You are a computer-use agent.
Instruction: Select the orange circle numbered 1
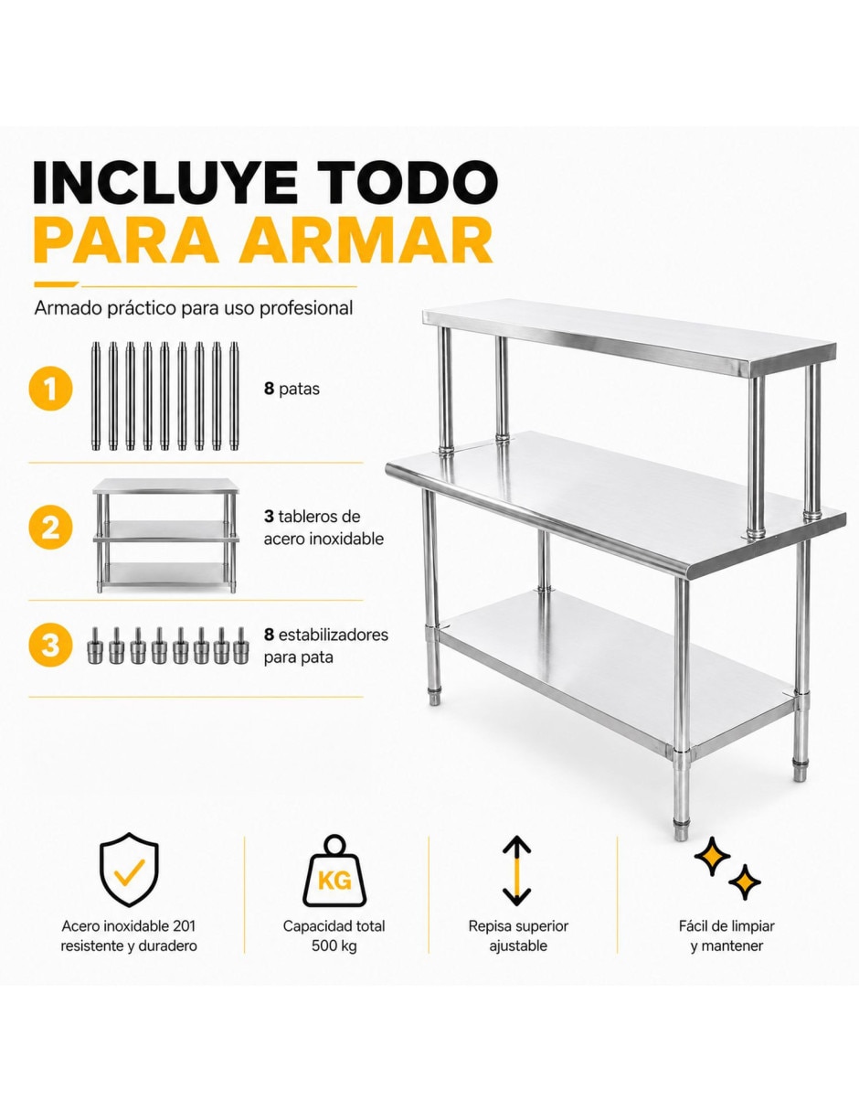[x=50, y=390]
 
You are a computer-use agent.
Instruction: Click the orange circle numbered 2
[x=50, y=528]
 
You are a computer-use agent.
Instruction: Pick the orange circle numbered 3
[x=50, y=645]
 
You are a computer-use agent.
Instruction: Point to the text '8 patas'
[x=292, y=390]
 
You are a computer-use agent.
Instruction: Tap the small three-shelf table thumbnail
[x=166, y=535]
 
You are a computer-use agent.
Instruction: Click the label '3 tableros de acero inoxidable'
[x=323, y=528]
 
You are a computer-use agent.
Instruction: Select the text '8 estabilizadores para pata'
[x=326, y=646]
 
